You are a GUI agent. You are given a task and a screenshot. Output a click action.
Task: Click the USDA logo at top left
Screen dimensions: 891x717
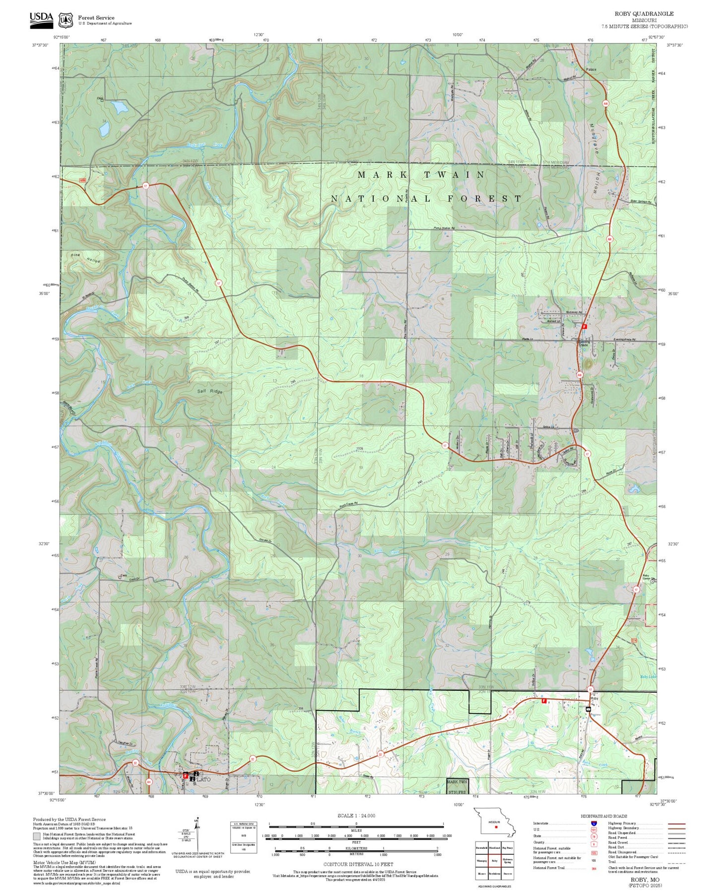point(41,18)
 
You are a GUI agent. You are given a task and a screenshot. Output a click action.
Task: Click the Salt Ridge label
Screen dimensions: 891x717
point(210,391)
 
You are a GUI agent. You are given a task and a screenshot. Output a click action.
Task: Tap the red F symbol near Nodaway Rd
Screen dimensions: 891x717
point(585,327)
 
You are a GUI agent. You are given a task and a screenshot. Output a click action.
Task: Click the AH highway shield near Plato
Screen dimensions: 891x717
point(148,782)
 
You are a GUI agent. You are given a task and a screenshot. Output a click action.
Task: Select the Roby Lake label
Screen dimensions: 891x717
point(648,676)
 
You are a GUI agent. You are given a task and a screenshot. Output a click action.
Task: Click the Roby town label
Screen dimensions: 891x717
point(594,698)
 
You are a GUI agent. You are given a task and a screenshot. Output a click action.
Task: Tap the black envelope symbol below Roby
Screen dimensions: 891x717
point(588,709)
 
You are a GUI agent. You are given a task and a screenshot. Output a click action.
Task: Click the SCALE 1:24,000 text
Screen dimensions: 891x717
point(356,816)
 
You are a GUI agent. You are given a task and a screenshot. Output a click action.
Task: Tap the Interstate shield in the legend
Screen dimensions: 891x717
point(593,823)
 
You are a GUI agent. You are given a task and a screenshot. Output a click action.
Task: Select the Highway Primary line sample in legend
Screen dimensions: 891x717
point(676,823)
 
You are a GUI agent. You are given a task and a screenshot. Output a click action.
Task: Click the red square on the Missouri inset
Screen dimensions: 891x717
point(496,827)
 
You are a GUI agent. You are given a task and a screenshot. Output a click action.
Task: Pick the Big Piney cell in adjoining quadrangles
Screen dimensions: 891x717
point(507,848)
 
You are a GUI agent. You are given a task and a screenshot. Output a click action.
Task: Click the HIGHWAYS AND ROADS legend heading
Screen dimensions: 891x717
point(603,816)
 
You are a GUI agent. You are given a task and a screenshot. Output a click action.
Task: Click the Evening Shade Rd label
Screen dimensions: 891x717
point(628,340)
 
